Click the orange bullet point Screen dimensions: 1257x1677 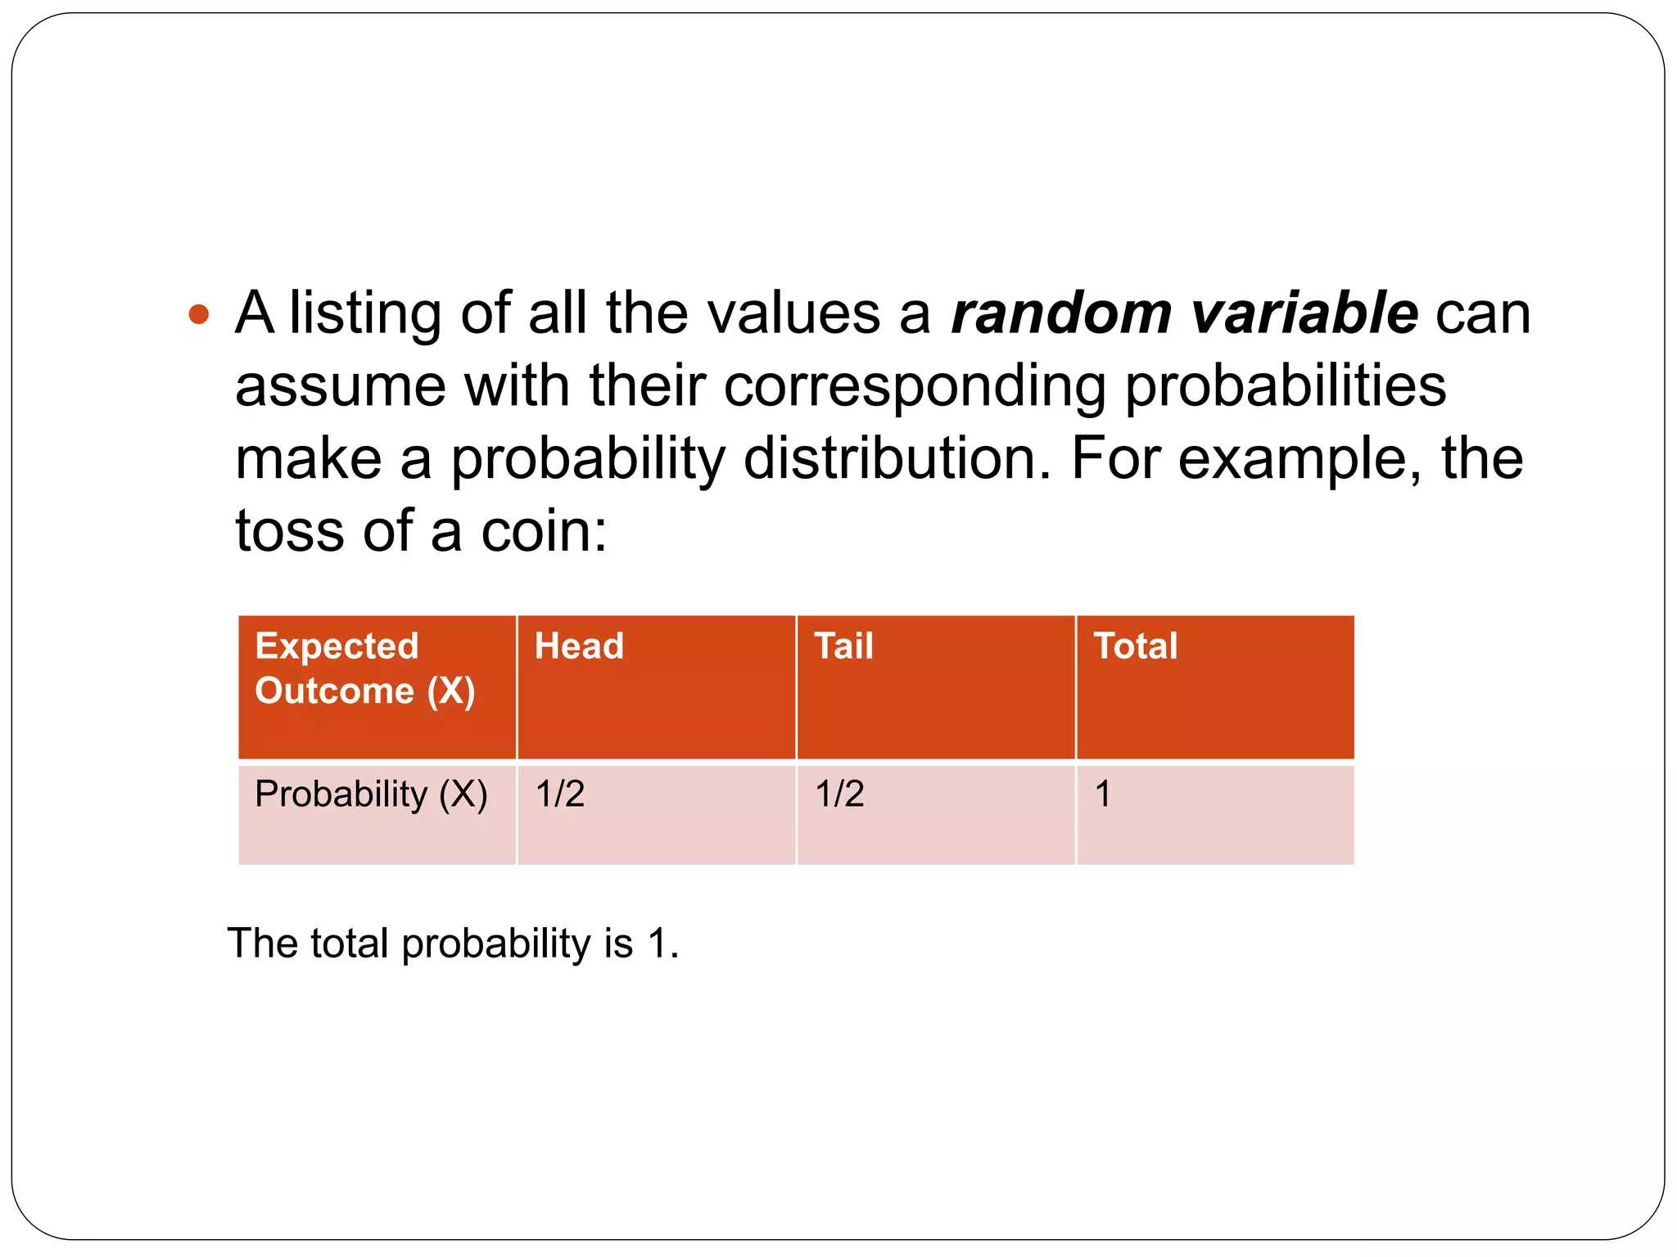[x=199, y=314]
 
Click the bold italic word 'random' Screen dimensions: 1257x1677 [x=1061, y=313]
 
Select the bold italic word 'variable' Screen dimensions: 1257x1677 [x=1304, y=313]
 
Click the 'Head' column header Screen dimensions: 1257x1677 [x=579, y=647]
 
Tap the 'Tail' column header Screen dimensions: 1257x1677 [x=843, y=647]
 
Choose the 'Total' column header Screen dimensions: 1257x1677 [x=1136, y=647]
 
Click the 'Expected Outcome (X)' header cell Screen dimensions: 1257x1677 [x=365, y=669]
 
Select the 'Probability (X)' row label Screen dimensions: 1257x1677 [x=371, y=795]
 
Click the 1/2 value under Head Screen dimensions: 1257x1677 [x=560, y=795]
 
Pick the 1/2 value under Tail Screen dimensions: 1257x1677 [x=839, y=795]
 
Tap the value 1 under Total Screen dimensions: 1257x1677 [x=1103, y=795]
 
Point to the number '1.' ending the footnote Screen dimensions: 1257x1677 [x=662, y=944]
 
